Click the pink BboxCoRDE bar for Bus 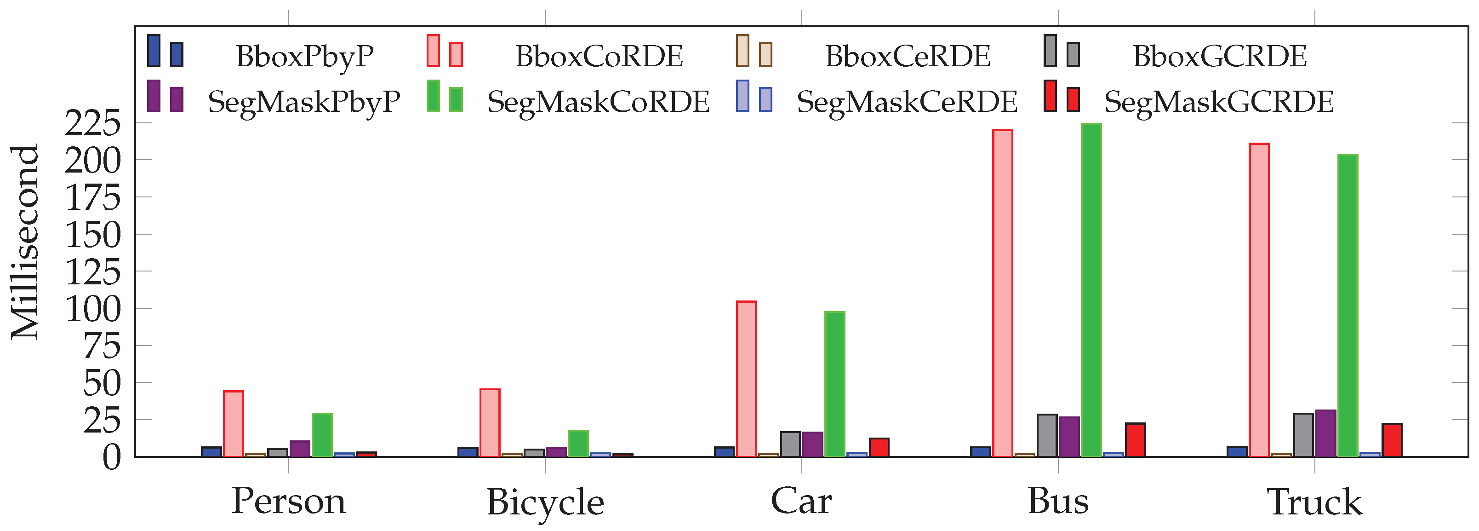click(x=1002, y=293)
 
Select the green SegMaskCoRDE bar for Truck click(x=1348, y=305)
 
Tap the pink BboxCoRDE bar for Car click(x=746, y=379)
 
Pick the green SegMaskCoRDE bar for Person click(x=322, y=435)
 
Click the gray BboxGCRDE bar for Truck click(x=1303, y=435)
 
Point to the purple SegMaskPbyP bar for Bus click(x=1069, y=437)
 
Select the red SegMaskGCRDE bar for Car click(x=879, y=448)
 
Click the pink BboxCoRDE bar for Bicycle click(x=490, y=423)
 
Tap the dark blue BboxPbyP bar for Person click(x=211, y=452)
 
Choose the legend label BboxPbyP click(x=305, y=56)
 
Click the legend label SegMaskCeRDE click(x=907, y=102)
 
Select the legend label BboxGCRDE click(x=1220, y=56)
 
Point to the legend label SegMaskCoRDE click(x=598, y=102)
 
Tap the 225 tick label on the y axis click(x=93, y=123)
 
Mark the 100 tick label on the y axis click(x=93, y=309)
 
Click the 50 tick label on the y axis click(x=102, y=383)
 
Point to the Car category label click(x=801, y=501)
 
